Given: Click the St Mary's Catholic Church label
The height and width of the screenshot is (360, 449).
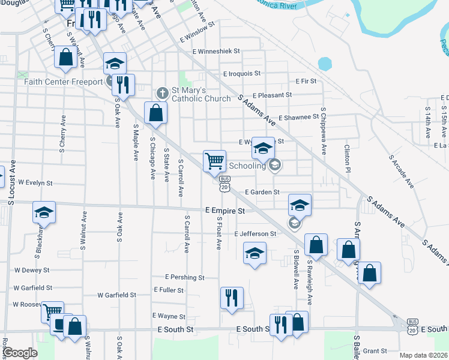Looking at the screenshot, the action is (200, 94).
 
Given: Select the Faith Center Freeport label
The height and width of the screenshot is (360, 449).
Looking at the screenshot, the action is (63, 82).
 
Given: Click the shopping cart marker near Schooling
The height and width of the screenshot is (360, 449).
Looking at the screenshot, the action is (215, 161).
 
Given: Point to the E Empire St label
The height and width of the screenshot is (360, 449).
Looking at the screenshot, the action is (225, 211).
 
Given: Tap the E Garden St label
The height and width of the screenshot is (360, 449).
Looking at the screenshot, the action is (262, 192).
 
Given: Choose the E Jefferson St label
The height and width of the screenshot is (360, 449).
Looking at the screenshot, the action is (255, 233).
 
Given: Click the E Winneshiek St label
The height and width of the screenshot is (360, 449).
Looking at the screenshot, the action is (216, 52).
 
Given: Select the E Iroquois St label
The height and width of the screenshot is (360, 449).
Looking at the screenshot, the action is (241, 74).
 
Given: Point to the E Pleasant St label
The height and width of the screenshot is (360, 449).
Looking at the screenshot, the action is (272, 95).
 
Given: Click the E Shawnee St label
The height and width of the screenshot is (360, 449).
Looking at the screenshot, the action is (298, 118).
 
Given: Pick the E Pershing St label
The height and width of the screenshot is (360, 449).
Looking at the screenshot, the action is (185, 278).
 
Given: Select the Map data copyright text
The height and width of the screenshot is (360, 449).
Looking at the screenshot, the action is (423, 355).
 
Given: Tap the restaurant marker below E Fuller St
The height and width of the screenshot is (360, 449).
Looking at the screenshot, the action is (232, 298).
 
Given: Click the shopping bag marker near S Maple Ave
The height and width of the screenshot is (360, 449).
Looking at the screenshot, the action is (155, 112).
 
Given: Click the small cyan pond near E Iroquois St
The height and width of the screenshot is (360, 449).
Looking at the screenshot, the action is (325, 63).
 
